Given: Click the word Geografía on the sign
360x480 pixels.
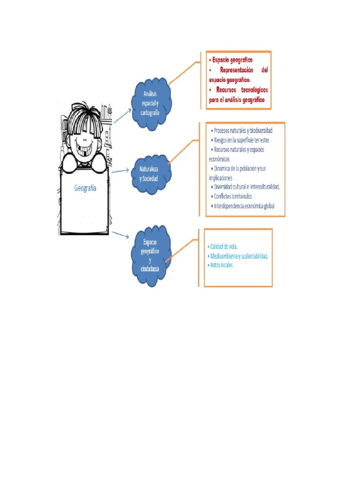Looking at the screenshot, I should [85, 188].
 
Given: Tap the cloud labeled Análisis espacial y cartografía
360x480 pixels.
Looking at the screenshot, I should [151, 103].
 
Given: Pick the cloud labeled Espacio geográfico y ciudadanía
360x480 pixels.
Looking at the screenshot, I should [150, 255].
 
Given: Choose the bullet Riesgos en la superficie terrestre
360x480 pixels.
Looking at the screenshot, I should [241, 140].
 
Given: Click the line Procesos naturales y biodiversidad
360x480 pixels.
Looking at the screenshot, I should [242, 130].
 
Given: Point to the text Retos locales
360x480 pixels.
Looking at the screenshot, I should [221, 265].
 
